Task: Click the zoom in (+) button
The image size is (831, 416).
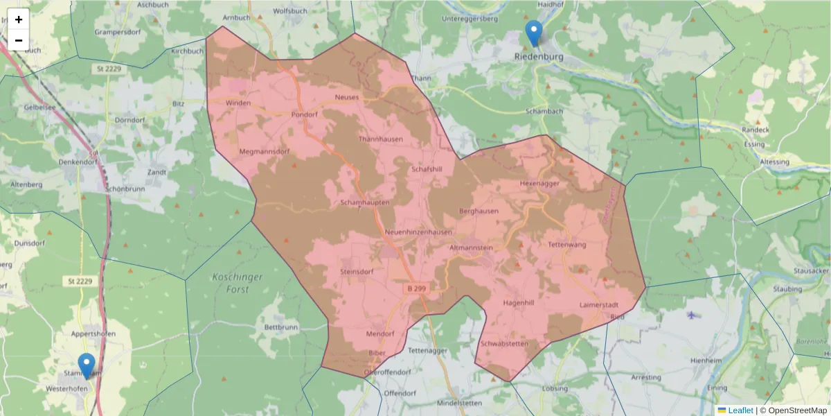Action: tap(19, 19)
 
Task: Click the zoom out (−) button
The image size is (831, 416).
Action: tap(19, 40)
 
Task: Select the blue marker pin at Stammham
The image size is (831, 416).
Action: tap(87, 365)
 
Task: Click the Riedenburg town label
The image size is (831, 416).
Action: tap(538, 56)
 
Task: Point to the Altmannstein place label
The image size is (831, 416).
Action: tap(471, 248)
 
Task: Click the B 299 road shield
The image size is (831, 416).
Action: tap(416, 288)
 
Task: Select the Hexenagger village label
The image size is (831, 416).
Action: tap(539, 184)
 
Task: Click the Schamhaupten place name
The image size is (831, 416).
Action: tap(365, 202)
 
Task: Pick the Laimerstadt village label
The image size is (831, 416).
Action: tap(598, 304)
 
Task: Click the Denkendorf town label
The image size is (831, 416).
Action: tap(78, 162)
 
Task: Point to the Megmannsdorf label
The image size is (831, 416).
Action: tap(263, 151)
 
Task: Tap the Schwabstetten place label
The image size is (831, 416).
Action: tap(504, 344)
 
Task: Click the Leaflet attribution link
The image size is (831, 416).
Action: tap(740, 410)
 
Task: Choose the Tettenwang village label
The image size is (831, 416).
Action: tap(567, 245)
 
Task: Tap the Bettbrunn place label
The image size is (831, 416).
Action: tap(280, 327)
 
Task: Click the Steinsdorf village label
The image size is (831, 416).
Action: tap(357, 272)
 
